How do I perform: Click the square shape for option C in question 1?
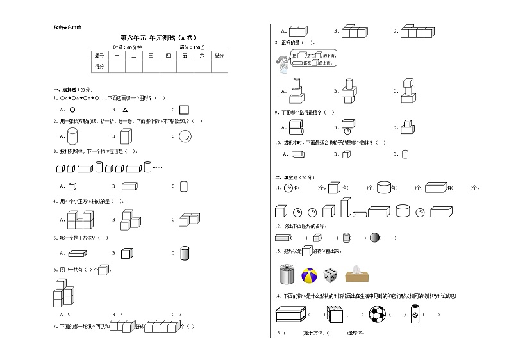184,110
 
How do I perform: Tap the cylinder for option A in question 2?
72,136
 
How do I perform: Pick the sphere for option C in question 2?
185,136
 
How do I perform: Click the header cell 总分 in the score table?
219,56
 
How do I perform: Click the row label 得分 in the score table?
99,66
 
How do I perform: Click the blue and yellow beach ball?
309,275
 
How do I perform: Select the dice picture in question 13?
330,275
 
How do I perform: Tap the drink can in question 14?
414,315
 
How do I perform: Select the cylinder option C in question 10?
405,154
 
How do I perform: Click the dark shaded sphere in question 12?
374,238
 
